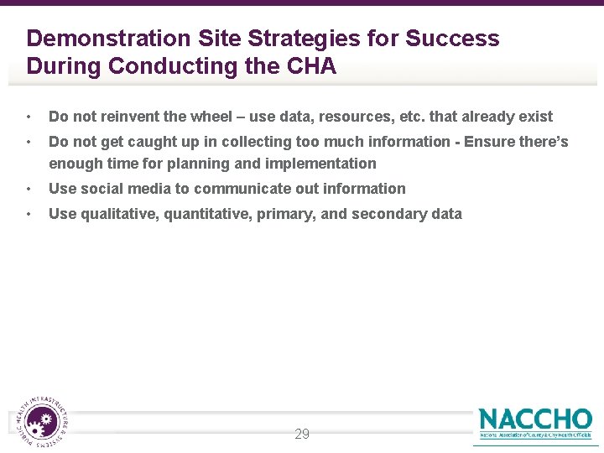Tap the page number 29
click(x=302, y=434)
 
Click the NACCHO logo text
click(x=535, y=419)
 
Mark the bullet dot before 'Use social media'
click(x=29, y=189)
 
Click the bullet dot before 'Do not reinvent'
click(x=29, y=117)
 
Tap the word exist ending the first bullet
click(x=535, y=117)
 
